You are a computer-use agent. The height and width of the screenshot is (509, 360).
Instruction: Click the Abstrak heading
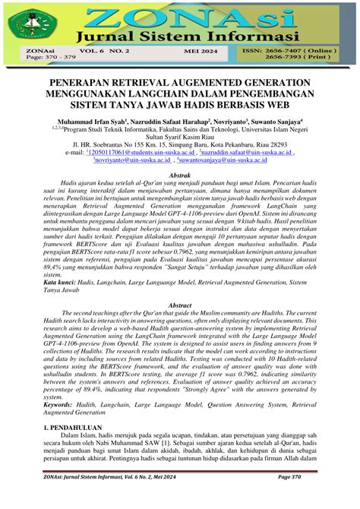coord(179,175)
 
